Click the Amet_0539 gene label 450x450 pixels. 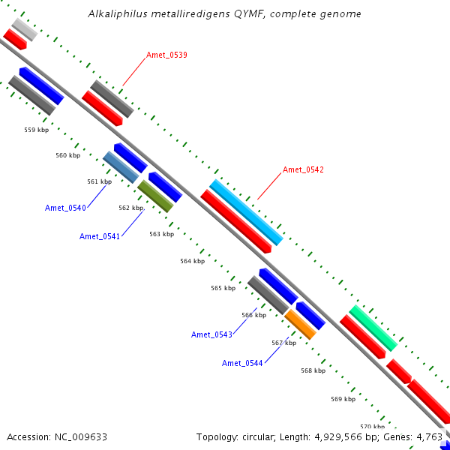(x=166, y=55)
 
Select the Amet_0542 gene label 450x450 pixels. (x=303, y=169)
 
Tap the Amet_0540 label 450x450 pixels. (x=65, y=208)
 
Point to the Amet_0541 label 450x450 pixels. (x=100, y=236)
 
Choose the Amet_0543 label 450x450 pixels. (x=211, y=334)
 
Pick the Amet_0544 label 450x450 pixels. (x=242, y=363)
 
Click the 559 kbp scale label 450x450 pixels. (x=37, y=130)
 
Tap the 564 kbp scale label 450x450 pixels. (x=193, y=261)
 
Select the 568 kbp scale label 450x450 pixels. (x=313, y=370)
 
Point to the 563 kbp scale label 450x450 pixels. (x=162, y=234)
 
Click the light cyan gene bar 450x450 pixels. (x=246, y=213)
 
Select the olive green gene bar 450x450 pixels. (x=155, y=196)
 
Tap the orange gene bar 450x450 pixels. (x=301, y=324)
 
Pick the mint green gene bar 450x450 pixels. (x=373, y=328)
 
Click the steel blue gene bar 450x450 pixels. (x=121, y=167)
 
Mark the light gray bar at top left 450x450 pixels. (x=25, y=29)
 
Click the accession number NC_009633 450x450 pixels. (x=81, y=437)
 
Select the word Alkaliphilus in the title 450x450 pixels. (x=118, y=13)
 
